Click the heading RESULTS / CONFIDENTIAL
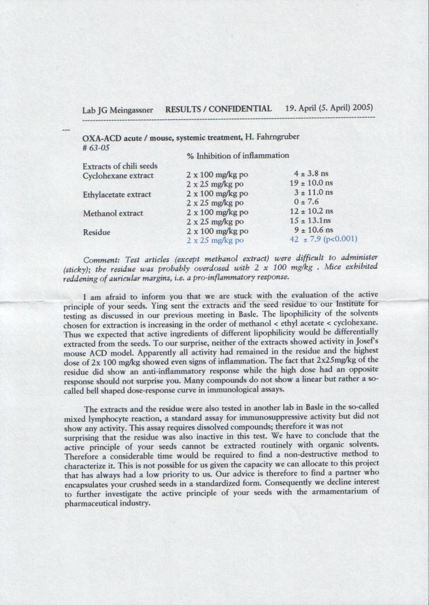(x=218, y=109)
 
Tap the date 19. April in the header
(x=301, y=109)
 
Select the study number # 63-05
(x=98, y=147)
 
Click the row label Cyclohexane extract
(x=118, y=175)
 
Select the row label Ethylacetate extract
(x=117, y=194)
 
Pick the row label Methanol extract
(x=113, y=213)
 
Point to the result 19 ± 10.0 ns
(x=307, y=183)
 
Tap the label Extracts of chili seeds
(x=120, y=166)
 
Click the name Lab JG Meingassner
(x=118, y=110)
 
